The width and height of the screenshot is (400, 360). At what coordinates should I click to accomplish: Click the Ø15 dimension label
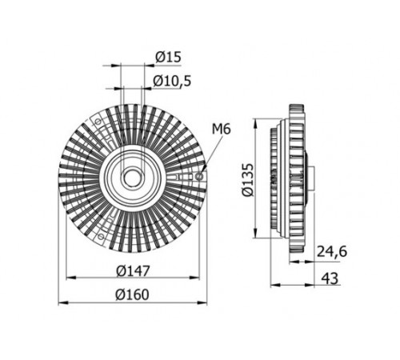[x=168, y=57]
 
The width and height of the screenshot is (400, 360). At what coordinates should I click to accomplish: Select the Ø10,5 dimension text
[x=172, y=81]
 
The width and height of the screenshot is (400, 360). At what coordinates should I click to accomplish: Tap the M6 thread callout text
[x=221, y=130]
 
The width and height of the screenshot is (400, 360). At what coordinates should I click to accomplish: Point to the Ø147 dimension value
[x=133, y=271]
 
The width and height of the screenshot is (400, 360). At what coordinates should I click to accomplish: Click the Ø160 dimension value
[x=132, y=294]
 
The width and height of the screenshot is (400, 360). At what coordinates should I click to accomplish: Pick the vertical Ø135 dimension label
[x=247, y=179]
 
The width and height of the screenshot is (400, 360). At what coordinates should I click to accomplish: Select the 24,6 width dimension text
[x=332, y=251]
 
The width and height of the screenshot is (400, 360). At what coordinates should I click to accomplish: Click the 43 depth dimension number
[x=330, y=278]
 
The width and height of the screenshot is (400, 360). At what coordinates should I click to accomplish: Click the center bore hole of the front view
[x=130, y=178]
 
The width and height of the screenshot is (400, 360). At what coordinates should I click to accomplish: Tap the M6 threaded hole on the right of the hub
[x=199, y=176]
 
